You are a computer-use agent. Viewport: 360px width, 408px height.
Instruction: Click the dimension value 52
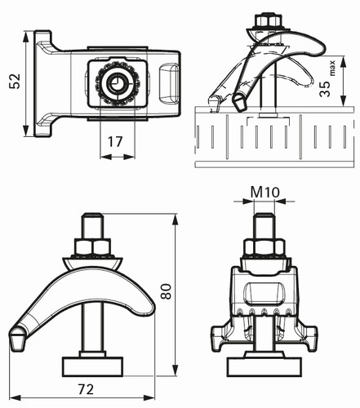point(15,81)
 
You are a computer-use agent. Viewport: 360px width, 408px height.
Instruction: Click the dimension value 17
point(115,142)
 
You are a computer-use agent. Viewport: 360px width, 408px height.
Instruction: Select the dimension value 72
point(86,389)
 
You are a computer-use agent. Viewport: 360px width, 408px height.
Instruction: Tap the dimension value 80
point(166,291)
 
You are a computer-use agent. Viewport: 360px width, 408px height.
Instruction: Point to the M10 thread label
point(264,192)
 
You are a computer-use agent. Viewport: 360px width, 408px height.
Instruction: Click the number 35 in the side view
point(325,87)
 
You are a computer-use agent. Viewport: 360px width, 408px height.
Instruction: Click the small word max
point(332,68)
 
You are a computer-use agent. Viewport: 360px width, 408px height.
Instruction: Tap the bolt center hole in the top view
point(118,82)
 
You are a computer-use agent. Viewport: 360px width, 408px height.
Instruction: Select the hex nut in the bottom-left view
point(93,247)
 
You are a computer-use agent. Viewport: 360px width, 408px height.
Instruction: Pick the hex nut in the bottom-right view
point(264,247)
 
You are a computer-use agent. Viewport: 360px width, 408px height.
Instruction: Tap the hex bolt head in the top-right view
point(265,21)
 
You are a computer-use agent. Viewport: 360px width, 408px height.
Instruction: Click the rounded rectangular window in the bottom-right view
point(264,294)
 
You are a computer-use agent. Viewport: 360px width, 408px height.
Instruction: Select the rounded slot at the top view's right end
point(169,83)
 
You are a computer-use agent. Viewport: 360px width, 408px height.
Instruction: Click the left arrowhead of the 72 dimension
point(15,398)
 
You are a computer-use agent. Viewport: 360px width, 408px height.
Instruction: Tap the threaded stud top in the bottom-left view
point(93,218)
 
